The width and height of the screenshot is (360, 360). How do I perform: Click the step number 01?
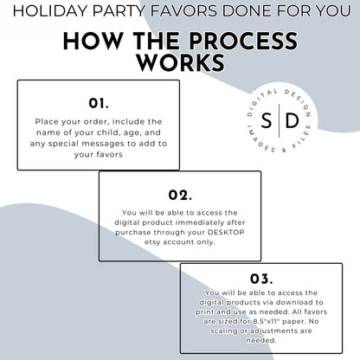coord(99,103)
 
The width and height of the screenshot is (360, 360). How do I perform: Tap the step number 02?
coord(180,195)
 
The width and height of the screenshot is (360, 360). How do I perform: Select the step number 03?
coord(261,279)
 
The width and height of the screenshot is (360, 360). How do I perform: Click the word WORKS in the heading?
coord(181,62)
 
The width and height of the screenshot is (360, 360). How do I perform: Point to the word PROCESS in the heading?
coord(244,41)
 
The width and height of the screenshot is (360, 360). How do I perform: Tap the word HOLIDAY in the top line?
coord(50,11)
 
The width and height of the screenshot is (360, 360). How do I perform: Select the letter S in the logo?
coord(267,120)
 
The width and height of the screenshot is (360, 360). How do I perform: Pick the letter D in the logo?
coord(292,120)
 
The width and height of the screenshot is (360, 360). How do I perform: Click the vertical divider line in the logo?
coord(280,120)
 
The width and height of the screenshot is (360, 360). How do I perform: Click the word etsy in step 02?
coord(152,242)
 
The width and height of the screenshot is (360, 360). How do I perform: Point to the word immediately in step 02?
coord(200,222)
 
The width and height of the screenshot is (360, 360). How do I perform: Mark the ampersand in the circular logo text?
coord(284,150)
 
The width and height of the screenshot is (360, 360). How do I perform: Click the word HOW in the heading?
coord(93,41)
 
